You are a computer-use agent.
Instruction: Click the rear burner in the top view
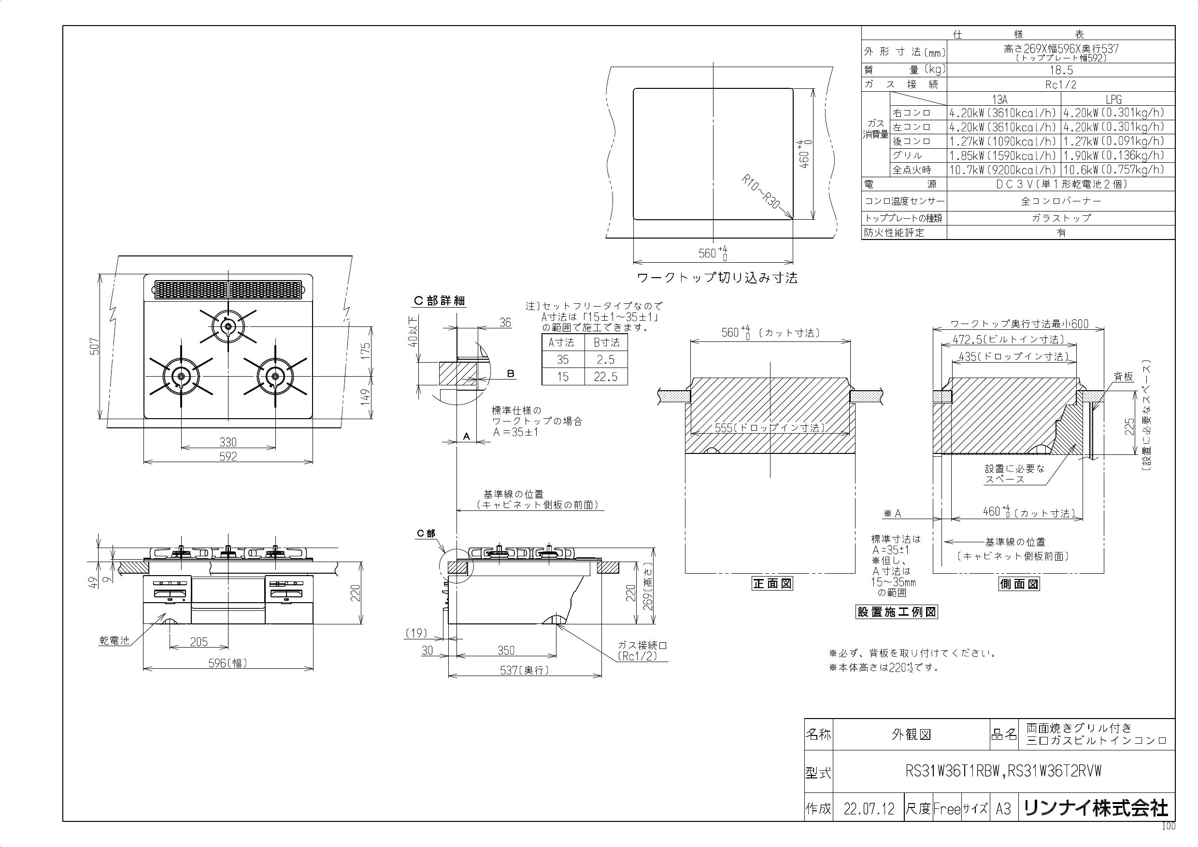coord(228,326)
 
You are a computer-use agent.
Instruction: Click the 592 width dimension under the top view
coord(228,456)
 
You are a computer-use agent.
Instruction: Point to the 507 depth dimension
coord(95,347)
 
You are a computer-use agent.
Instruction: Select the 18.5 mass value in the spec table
coord(1060,70)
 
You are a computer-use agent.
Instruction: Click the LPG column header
coord(1113,99)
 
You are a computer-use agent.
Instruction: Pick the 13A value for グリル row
coord(1003,155)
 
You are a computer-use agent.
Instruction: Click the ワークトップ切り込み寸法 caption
coord(717,278)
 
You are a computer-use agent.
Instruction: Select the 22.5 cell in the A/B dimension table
coord(605,377)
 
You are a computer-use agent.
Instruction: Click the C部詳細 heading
coord(439,301)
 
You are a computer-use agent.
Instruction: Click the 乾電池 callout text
coord(114,640)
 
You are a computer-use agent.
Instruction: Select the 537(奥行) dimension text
coord(525,670)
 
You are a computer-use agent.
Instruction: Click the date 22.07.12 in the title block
coord(869,809)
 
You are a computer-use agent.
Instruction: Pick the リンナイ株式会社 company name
coord(1096,808)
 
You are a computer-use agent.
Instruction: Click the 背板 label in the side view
coord(1124,376)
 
